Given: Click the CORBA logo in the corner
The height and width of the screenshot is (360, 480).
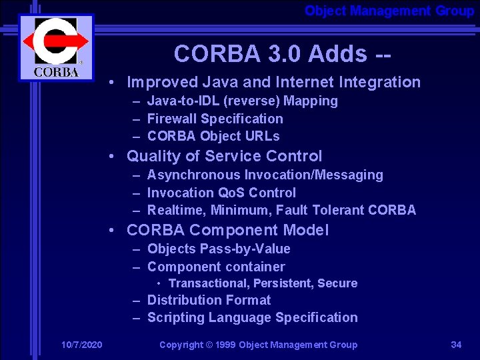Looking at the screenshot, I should pyautogui.click(x=56, y=47).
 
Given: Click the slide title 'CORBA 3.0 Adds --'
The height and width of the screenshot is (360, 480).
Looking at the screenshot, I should pyautogui.click(x=282, y=53).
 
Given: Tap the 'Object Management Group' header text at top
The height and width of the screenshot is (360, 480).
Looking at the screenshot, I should pyautogui.click(x=389, y=11).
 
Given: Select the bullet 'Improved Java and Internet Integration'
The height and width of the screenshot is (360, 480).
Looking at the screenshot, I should pyautogui.click(x=273, y=82).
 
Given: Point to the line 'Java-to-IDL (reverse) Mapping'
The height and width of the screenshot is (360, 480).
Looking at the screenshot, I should pyautogui.click(x=242, y=101).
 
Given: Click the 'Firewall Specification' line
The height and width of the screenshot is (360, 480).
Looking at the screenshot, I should pyautogui.click(x=215, y=119).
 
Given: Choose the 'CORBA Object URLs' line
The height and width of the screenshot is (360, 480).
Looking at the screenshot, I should pyautogui.click(x=213, y=136).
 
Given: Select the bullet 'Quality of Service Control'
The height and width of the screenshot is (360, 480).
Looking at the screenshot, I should pyautogui.click(x=224, y=156).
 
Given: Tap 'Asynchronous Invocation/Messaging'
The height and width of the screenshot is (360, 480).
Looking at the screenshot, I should pyautogui.click(x=265, y=175).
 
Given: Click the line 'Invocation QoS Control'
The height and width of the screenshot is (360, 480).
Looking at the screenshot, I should pyautogui.click(x=221, y=193).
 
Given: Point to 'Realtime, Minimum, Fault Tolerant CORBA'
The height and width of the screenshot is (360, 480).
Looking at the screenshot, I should pyautogui.click(x=281, y=210).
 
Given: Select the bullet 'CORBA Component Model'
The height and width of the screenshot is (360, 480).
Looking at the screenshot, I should pyautogui.click(x=227, y=230).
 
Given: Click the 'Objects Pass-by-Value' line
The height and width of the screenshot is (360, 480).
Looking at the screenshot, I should pyautogui.click(x=219, y=249).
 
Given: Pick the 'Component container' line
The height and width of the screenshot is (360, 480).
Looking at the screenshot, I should pyautogui.click(x=216, y=267).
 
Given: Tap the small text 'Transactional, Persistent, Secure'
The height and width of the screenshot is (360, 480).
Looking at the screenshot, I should pyautogui.click(x=263, y=283).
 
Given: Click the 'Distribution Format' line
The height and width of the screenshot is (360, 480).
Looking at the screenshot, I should pyautogui.click(x=209, y=300).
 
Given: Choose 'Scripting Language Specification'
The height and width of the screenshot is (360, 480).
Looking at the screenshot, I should pyautogui.click(x=252, y=317).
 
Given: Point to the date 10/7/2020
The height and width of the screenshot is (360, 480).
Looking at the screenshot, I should pyautogui.click(x=81, y=345).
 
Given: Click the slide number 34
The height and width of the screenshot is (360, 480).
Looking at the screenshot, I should pyautogui.click(x=456, y=345).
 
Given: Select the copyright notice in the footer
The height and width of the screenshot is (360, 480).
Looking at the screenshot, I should pyautogui.click(x=258, y=345).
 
